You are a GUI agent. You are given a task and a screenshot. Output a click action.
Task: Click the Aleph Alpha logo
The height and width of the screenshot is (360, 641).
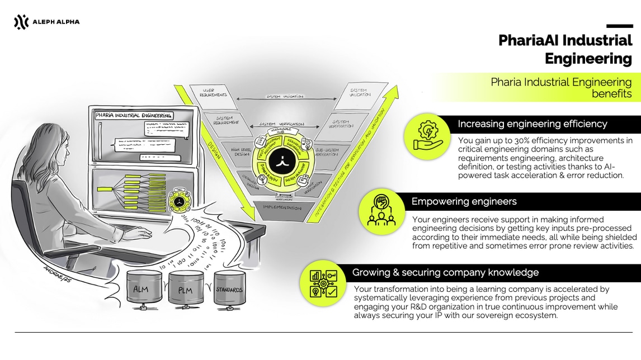[46, 22]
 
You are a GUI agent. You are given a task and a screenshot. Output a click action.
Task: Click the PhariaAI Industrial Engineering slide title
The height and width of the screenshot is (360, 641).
[565, 49]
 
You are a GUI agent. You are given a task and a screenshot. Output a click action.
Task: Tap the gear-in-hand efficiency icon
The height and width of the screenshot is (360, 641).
[427, 136]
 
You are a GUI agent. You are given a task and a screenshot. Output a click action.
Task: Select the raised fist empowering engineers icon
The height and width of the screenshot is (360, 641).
[381, 211]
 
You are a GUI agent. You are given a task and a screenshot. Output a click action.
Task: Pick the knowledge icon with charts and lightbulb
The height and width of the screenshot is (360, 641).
[323, 283]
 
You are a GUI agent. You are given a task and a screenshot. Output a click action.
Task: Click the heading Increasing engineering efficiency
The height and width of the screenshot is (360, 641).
[532, 124]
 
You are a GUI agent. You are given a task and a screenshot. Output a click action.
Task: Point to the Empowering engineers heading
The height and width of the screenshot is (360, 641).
[464, 201]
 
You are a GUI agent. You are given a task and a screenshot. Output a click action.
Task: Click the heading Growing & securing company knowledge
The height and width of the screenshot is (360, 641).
[445, 273]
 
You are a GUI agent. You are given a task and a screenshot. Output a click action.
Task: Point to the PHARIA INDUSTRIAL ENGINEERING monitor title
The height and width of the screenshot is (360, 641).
[134, 116]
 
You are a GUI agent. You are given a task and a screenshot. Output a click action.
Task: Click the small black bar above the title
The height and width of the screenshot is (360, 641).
[619, 26]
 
